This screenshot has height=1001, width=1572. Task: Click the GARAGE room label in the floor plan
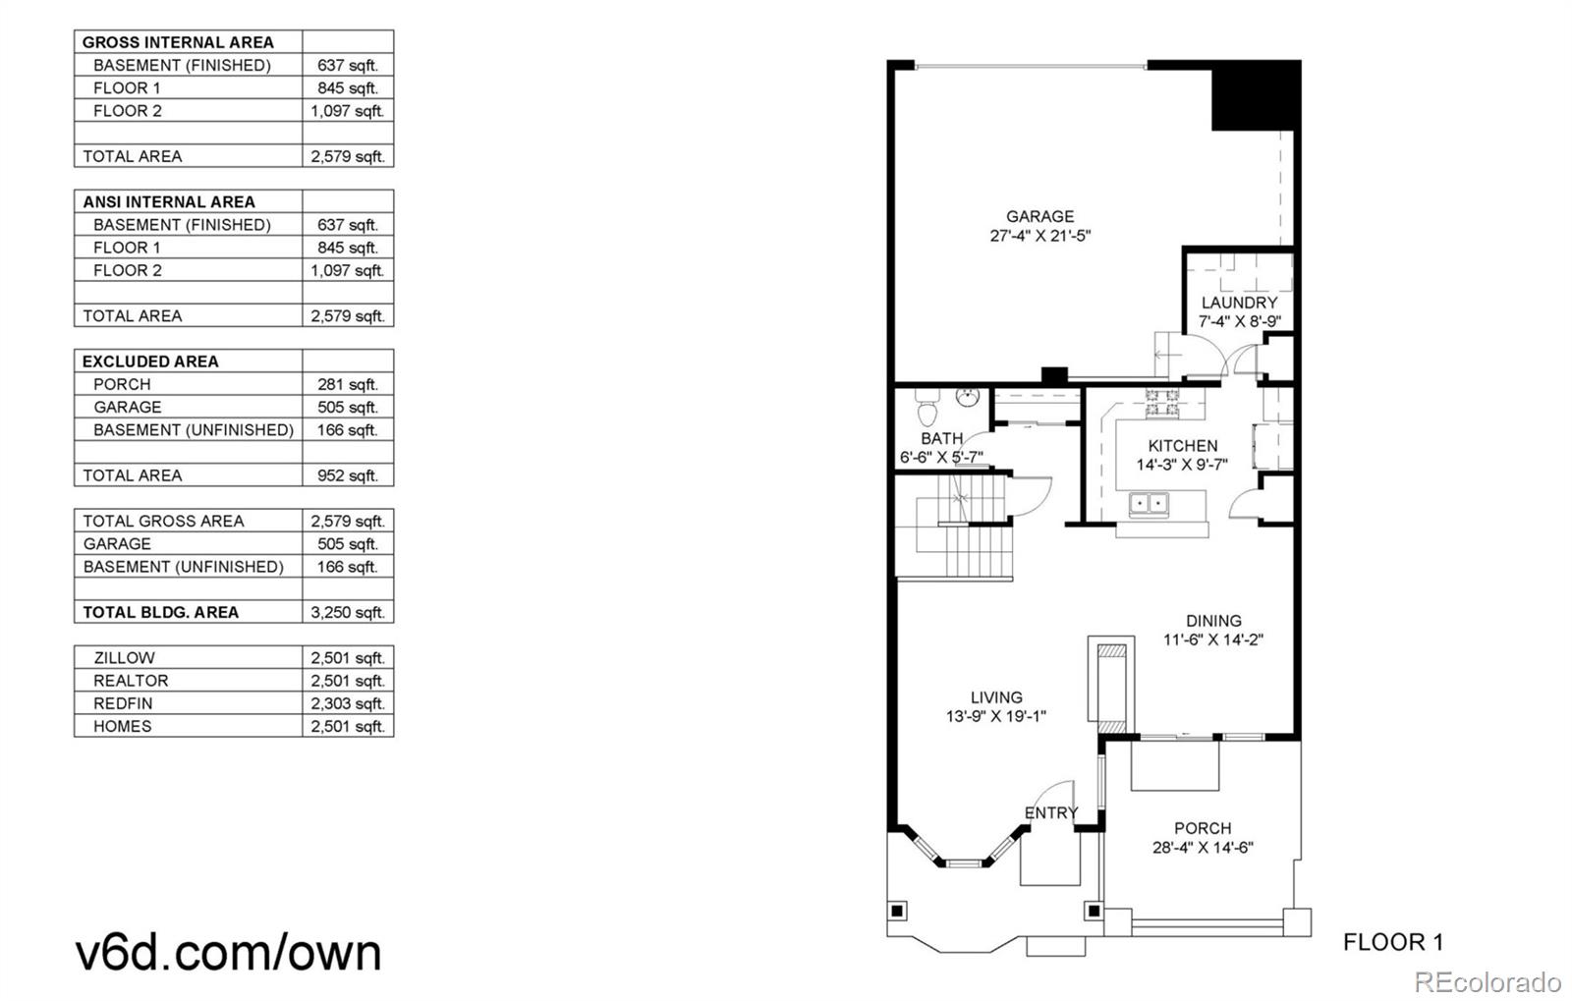tap(1039, 216)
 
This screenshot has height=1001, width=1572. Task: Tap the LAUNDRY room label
tap(1239, 303)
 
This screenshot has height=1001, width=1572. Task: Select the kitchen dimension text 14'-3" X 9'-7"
tap(1182, 465)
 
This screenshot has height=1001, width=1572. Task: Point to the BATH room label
tap(941, 438)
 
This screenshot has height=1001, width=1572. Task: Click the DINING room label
tap(1213, 621)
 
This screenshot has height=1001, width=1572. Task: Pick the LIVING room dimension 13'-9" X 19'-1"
tap(995, 717)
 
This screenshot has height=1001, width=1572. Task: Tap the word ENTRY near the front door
tap(1050, 812)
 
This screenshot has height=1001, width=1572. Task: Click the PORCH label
tap(1202, 828)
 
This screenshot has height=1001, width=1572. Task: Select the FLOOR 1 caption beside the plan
tap(1392, 943)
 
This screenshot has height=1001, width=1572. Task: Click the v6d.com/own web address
tap(228, 952)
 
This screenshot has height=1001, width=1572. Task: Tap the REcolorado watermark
tap(1487, 981)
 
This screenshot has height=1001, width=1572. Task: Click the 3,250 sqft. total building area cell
tap(348, 612)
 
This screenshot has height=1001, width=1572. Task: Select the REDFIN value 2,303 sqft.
tap(348, 703)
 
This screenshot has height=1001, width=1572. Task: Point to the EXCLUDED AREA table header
tap(150, 361)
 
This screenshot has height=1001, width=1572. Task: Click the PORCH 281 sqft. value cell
tap(348, 384)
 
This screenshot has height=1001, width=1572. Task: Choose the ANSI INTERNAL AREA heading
tap(168, 201)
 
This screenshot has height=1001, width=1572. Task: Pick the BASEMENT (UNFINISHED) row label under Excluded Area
tap(193, 429)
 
